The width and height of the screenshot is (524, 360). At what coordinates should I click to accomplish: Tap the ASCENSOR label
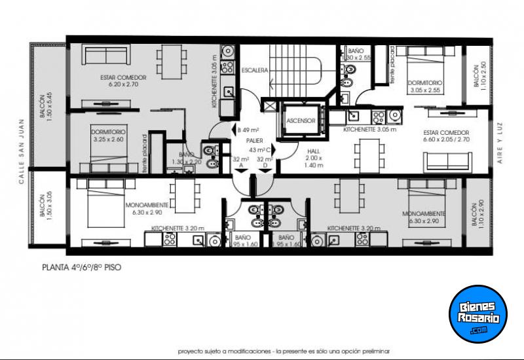point(301,122)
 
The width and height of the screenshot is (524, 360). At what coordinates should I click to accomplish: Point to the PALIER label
point(255,141)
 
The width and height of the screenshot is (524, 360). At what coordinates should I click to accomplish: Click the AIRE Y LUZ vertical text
point(499,147)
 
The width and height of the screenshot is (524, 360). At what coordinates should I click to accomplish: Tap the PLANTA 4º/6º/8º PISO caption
point(81,267)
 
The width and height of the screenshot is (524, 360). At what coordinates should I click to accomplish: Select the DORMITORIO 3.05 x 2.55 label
point(424,86)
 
